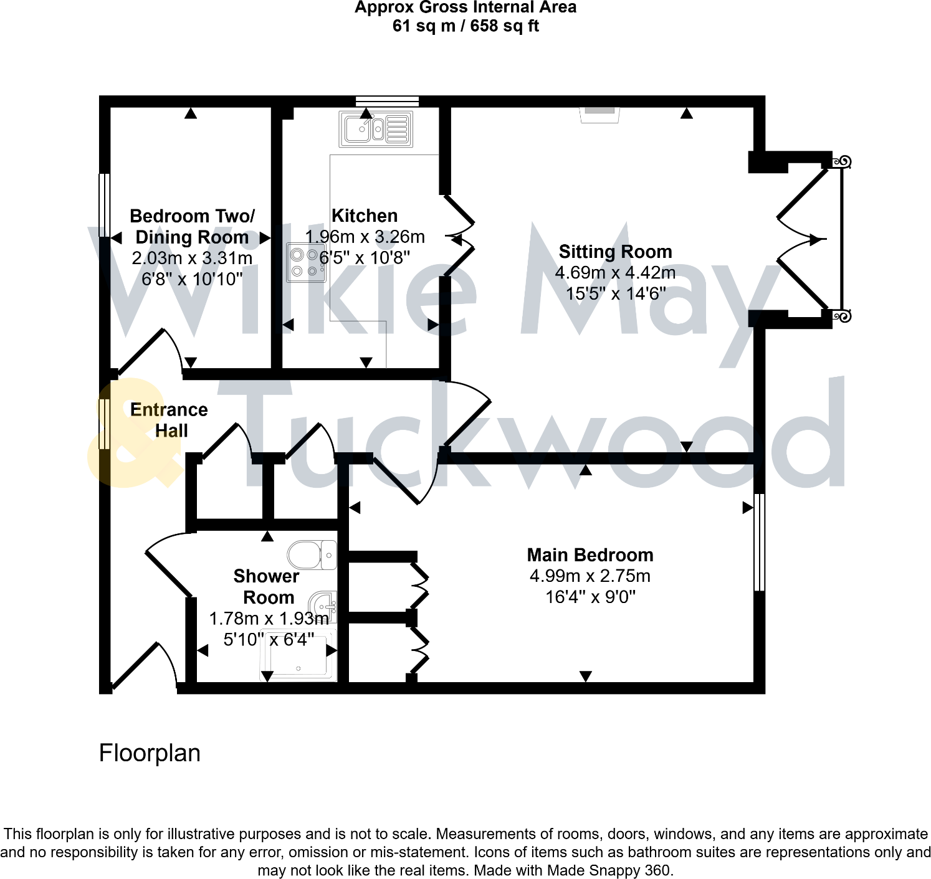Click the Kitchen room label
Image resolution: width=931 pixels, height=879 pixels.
[x=365, y=216]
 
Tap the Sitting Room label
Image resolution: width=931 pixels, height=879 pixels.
[x=615, y=252]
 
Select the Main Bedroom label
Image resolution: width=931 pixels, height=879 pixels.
[x=590, y=555]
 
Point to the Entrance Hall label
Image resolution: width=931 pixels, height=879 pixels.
[x=169, y=420]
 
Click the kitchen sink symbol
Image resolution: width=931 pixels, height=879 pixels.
[x=376, y=129]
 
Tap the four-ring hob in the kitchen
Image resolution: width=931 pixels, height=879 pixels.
[x=305, y=262]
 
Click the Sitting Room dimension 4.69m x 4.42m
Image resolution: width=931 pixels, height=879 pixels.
[x=615, y=273]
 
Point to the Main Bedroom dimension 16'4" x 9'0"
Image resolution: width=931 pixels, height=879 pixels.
[x=590, y=597]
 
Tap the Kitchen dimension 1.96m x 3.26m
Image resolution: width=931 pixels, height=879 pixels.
[x=365, y=237]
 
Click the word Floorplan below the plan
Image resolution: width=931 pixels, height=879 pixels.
[x=150, y=753]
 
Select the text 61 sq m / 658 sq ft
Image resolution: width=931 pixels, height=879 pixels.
[x=465, y=26]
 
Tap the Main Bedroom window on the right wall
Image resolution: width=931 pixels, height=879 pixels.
[x=759, y=542]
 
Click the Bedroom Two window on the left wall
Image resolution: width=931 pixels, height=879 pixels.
[x=105, y=205]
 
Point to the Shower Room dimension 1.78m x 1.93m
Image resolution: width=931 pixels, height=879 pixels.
[x=269, y=619]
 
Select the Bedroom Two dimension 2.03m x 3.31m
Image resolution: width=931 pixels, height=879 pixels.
[x=192, y=258]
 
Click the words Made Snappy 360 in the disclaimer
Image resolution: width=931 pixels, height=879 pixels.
[x=608, y=870]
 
